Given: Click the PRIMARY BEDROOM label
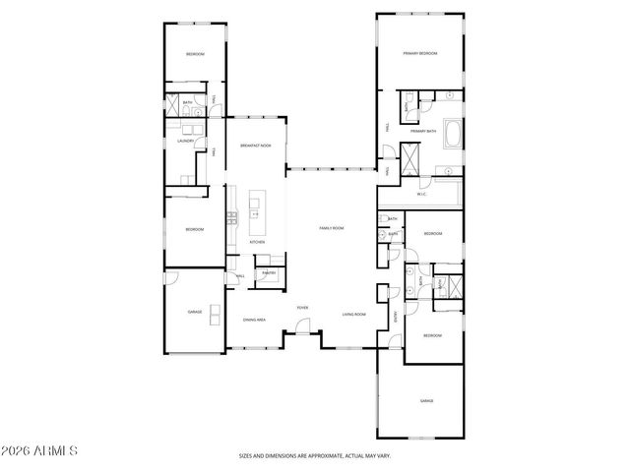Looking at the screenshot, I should coord(419,53).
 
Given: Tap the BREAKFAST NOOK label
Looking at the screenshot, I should coord(255,147).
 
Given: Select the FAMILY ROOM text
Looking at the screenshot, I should coord(331,228).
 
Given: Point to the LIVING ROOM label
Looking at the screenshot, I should coord(354,314).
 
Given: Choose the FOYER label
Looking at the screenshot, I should coord(302,308).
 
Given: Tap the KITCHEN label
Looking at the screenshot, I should coord(256,241).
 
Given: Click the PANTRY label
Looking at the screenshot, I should coord(268,271).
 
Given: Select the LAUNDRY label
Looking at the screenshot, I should coord(185,142).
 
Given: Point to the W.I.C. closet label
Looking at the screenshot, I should coord(421,194).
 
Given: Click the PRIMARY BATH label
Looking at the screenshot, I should coord(423,131).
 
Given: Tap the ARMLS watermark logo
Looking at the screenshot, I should coord(39,450).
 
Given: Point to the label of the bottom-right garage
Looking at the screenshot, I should coord(426,401).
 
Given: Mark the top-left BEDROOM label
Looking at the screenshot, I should coord(195,53).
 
